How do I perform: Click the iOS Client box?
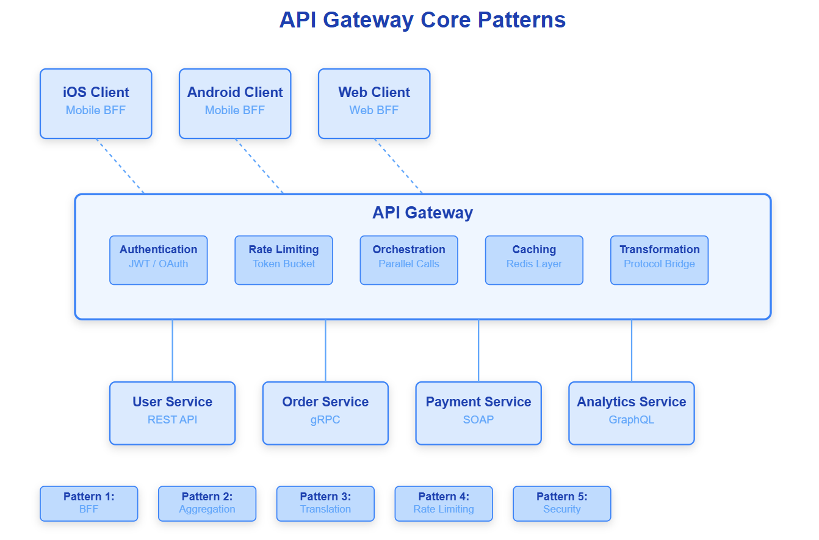tap(96, 104)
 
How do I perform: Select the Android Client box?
tap(235, 104)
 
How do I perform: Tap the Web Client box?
tap(374, 104)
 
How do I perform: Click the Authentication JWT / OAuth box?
tap(159, 261)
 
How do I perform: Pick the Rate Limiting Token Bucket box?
tap(284, 261)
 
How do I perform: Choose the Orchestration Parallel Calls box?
tap(409, 261)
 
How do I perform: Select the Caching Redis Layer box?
tap(534, 261)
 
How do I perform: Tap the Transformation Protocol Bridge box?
tap(659, 261)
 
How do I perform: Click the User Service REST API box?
tap(172, 413)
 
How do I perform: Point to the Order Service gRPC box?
tap(325, 413)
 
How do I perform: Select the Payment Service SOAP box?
tap(478, 413)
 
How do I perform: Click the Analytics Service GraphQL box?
tap(632, 413)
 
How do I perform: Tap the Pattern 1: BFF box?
tap(89, 503)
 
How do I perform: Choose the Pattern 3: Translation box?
tap(325, 503)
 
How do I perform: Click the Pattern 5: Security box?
tap(562, 503)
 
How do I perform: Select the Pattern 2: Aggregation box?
tap(207, 503)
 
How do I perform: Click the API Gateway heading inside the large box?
tap(422, 213)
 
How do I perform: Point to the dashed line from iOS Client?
tap(120, 166)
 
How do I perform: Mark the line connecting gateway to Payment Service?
tap(478, 351)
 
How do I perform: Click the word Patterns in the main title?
tap(522, 20)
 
